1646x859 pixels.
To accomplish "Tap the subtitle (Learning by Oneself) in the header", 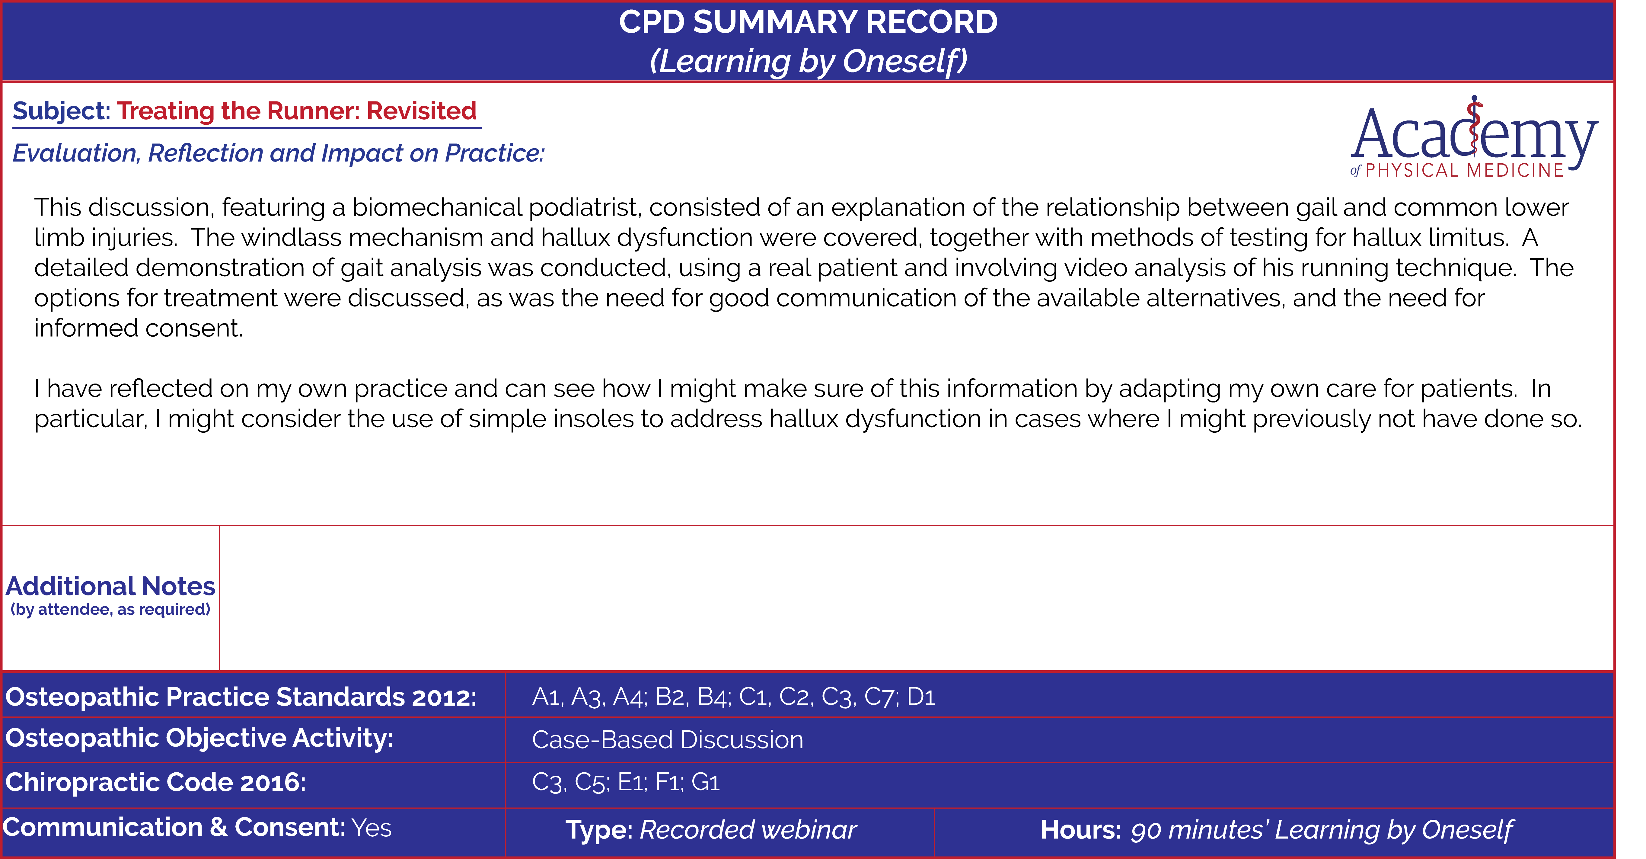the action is click(x=808, y=61).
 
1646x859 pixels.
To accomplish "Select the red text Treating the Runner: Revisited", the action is click(x=296, y=111).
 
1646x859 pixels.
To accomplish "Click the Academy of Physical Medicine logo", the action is click(x=1473, y=137).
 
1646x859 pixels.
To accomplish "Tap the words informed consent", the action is click(x=139, y=329).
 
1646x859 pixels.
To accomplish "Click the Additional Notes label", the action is click(x=110, y=586).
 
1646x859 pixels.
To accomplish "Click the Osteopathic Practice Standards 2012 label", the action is click(x=241, y=697).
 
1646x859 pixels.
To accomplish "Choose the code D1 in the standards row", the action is click(x=921, y=697).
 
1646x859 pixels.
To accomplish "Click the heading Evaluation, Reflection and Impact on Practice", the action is click(x=279, y=153).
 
